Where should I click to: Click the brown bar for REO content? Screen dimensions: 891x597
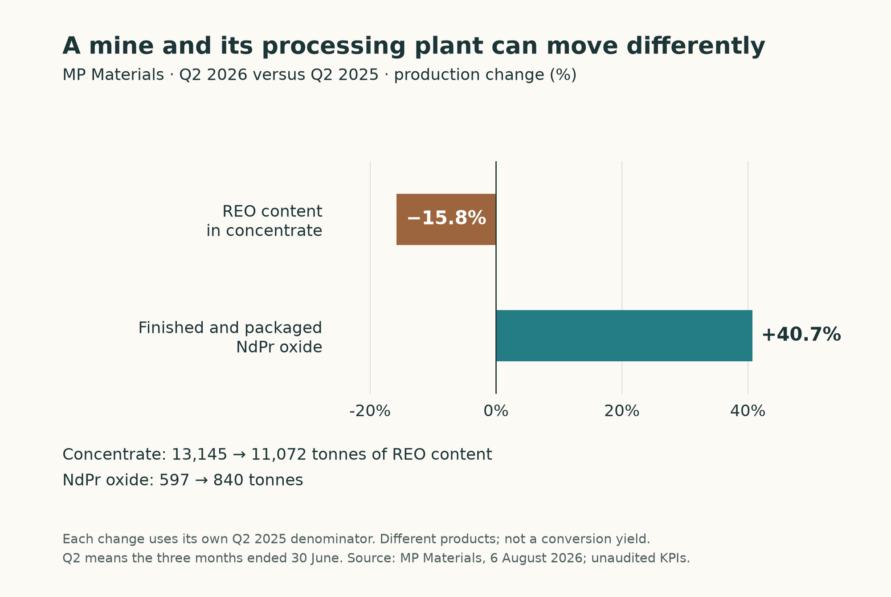[x=446, y=219]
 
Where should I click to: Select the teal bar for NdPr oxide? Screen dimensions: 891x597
[x=624, y=335]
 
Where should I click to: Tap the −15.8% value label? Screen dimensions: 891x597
[x=446, y=218]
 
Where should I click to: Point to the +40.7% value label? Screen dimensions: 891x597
[x=801, y=335]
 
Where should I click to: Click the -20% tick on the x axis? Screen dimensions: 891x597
[x=370, y=411]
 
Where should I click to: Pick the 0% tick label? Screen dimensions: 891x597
[x=496, y=411]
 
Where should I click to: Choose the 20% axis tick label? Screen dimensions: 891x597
[x=621, y=411]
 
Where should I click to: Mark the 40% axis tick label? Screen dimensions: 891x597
[x=748, y=411]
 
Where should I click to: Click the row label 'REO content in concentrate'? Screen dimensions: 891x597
[x=264, y=221]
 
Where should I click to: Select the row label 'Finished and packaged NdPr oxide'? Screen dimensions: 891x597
[x=230, y=337]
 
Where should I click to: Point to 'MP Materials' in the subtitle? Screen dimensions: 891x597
[x=113, y=75]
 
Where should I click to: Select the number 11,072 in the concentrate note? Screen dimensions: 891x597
[x=279, y=455]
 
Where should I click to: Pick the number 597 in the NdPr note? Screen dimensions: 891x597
[x=175, y=480]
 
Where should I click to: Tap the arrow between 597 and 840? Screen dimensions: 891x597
[x=201, y=481]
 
